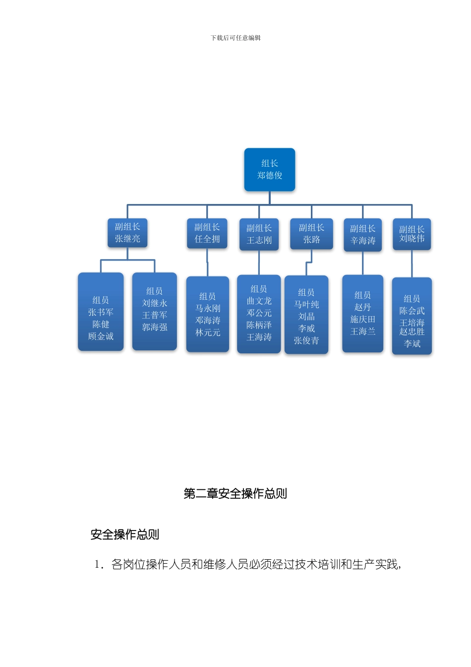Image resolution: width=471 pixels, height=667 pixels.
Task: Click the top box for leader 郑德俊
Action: tap(269, 169)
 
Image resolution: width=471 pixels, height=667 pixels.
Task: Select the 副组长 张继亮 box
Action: tap(127, 233)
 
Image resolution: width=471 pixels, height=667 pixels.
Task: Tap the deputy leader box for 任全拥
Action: tap(207, 233)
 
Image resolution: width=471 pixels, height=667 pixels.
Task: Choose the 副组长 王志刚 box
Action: tap(259, 234)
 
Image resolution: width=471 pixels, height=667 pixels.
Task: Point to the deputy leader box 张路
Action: tap(311, 234)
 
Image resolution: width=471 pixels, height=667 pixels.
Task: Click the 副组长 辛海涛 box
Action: tap(362, 235)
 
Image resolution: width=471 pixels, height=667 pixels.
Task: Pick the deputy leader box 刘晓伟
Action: tap(412, 234)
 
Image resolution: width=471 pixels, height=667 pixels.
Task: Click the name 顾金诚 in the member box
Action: tap(101, 336)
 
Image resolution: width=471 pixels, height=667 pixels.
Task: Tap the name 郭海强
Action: tap(155, 328)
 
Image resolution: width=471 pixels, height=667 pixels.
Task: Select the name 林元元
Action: tap(208, 333)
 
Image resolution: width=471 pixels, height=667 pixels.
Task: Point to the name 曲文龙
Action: tap(259, 301)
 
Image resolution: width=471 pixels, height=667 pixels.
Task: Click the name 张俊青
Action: tap(306, 341)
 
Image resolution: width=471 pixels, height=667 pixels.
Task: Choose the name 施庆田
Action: tap(362, 320)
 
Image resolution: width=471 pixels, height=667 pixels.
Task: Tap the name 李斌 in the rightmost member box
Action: tap(412, 344)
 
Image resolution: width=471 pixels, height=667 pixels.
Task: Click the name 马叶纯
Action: tap(306, 305)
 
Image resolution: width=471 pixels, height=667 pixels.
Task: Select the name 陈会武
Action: tap(412, 311)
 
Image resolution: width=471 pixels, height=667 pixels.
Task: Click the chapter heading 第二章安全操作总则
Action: tap(235, 494)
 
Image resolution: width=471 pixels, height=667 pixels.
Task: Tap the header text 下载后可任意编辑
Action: tap(235, 38)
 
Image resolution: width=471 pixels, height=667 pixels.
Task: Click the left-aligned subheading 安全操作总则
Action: tap(124, 534)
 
